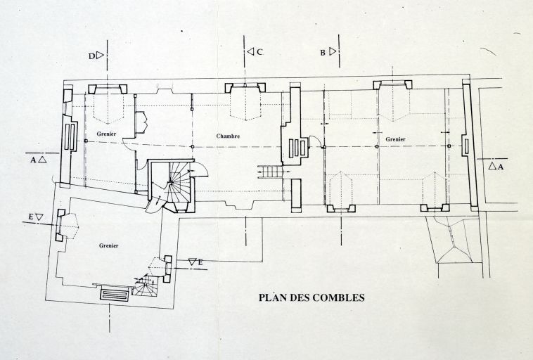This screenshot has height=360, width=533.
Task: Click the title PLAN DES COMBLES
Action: coord(311,297)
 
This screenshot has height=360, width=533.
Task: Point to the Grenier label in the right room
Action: coord(394,140)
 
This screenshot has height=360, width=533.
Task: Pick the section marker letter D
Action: coord(92,53)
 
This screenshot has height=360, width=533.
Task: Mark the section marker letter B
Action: coord(323,52)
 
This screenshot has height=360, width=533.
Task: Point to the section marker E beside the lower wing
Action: coord(200,262)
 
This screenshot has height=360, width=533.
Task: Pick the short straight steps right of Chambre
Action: coord(270,171)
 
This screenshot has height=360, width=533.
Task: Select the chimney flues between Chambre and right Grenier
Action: coord(298,147)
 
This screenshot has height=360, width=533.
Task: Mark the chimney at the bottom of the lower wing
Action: coord(115,295)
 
